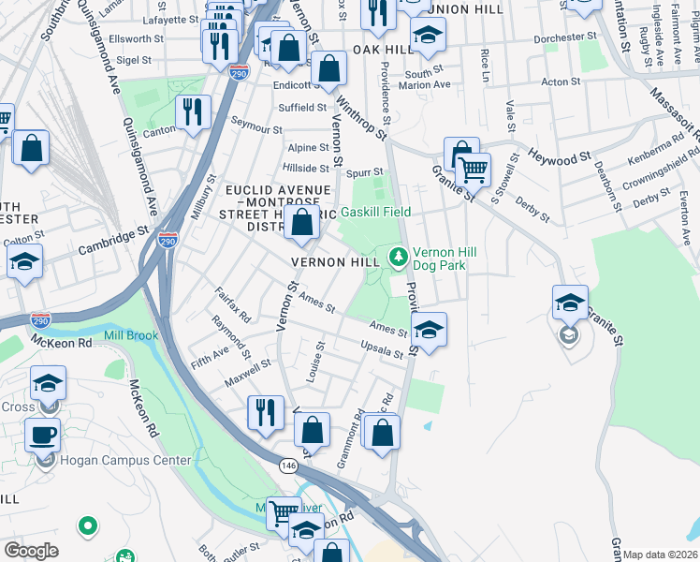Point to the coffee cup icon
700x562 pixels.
coord(42,436)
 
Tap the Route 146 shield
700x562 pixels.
coord(288,464)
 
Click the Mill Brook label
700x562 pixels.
coord(131,335)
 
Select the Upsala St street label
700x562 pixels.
coord(382,350)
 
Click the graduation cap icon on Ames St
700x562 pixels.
coord(429,330)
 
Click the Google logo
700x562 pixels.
coord(31,551)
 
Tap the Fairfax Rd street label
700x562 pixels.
coord(233,304)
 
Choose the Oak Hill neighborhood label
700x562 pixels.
coord(377,49)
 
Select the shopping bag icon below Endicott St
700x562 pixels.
coord(328,67)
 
